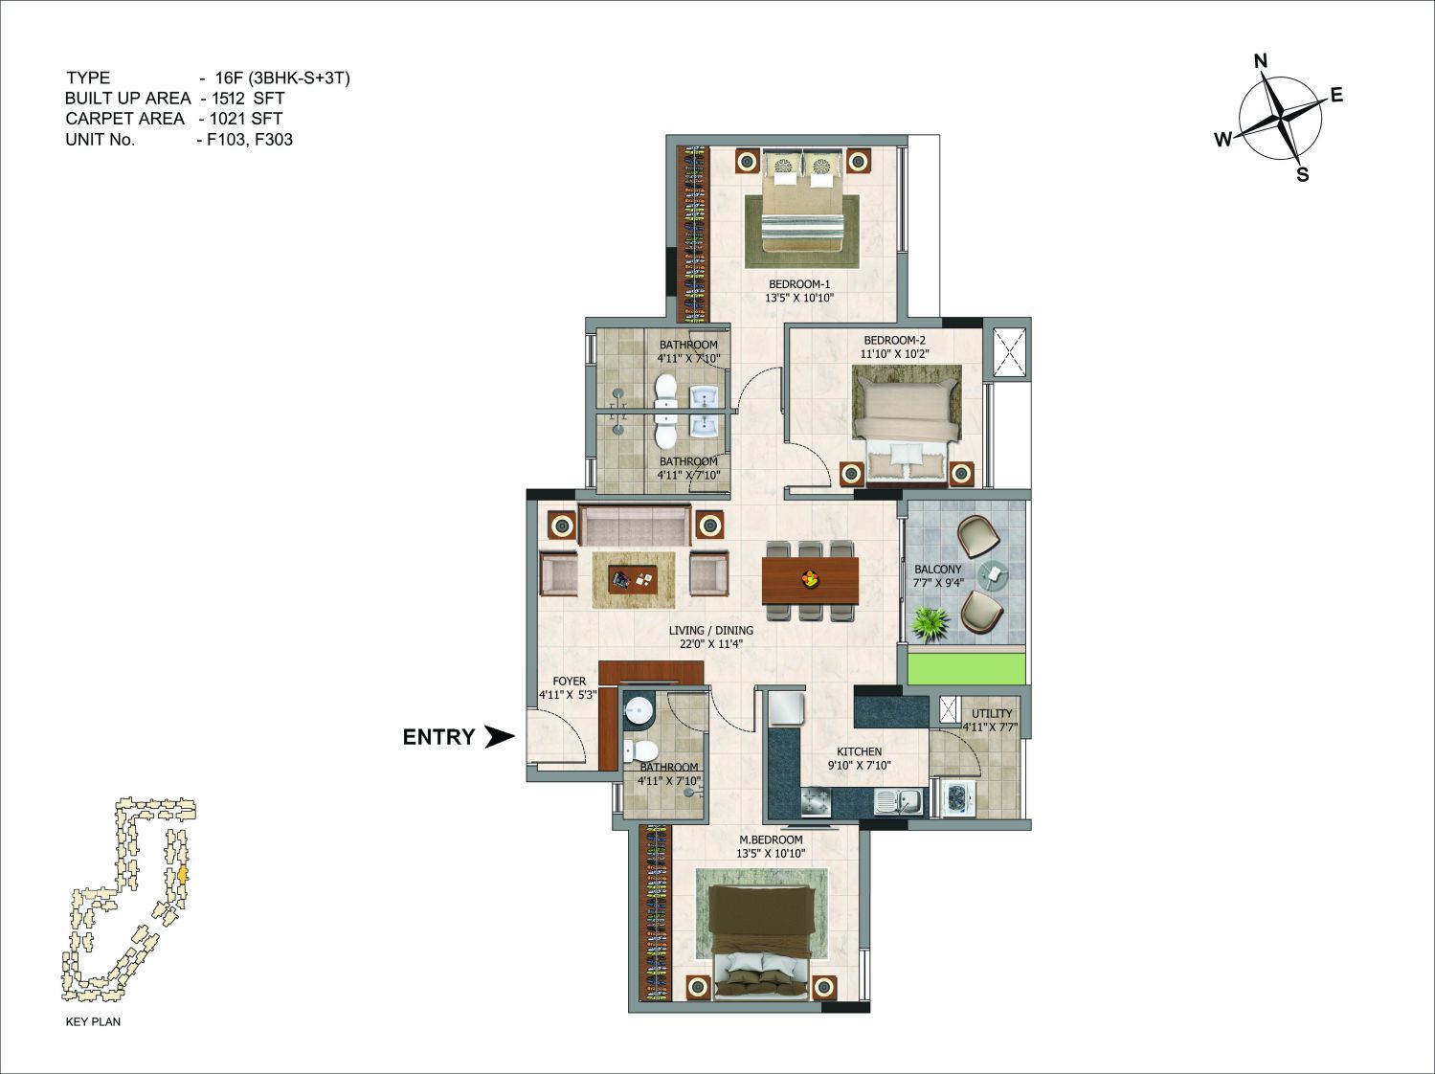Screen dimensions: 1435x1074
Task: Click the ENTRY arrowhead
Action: (500, 737)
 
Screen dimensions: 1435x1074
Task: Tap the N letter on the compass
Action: (1261, 61)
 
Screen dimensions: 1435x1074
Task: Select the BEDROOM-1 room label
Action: (799, 284)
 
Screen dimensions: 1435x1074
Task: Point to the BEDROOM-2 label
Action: (894, 341)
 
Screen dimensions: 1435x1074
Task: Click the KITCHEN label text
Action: (859, 751)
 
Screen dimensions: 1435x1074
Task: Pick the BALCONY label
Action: (937, 570)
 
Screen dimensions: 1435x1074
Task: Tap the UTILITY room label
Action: (991, 713)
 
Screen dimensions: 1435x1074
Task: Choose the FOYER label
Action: (569, 681)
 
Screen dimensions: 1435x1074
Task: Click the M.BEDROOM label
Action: (771, 839)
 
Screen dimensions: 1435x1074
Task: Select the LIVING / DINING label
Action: (710, 630)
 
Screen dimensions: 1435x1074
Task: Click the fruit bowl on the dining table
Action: (810, 578)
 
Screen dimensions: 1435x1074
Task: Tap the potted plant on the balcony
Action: (931, 623)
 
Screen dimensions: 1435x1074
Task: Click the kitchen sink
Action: (900, 801)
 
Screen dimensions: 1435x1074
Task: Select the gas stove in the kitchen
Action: (816, 803)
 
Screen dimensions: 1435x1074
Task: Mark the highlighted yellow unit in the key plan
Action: (183, 875)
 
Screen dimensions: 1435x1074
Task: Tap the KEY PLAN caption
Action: (93, 1021)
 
